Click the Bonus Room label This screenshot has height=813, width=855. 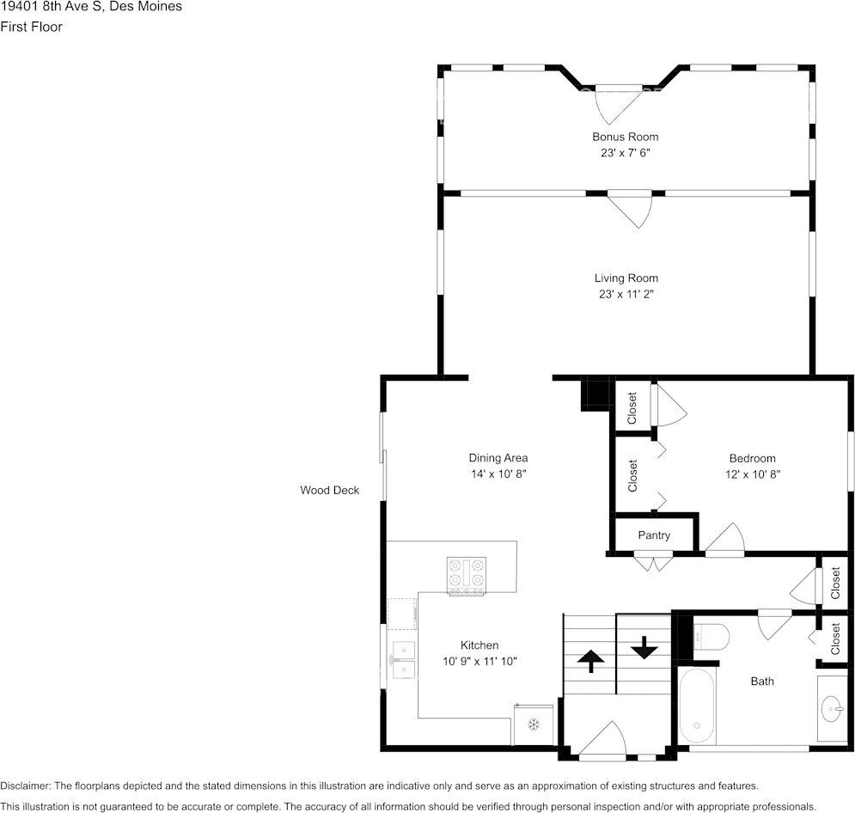pyautogui.click(x=626, y=137)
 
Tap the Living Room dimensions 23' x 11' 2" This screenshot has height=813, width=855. pyautogui.click(x=626, y=295)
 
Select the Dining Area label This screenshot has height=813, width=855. pyautogui.click(x=498, y=458)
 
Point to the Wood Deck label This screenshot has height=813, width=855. pyautogui.click(x=329, y=490)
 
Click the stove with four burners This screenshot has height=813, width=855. pyautogui.click(x=467, y=576)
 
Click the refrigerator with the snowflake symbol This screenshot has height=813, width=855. pyautogui.click(x=534, y=724)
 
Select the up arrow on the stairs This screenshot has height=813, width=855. pyautogui.click(x=590, y=662)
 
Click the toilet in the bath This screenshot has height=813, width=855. pyautogui.click(x=711, y=638)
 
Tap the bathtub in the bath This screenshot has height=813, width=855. pyautogui.click(x=697, y=706)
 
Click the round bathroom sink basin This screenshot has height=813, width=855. pyautogui.click(x=832, y=709)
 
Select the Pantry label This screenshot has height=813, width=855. pyautogui.click(x=654, y=535)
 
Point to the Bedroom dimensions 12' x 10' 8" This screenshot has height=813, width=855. pyautogui.click(x=753, y=474)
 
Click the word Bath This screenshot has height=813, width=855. pyautogui.click(x=761, y=681)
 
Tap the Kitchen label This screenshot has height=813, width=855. pyautogui.click(x=479, y=645)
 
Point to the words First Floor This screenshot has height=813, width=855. pyautogui.click(x=31, y=27)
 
